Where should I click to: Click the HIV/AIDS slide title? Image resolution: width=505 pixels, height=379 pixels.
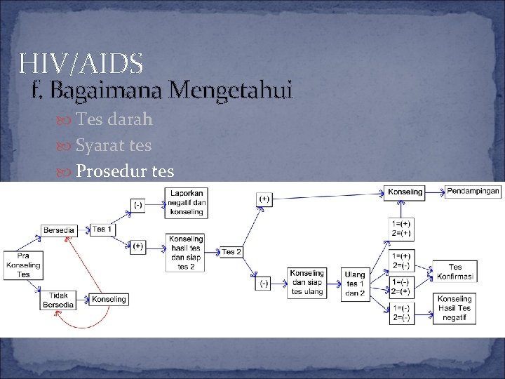tap(82, 64)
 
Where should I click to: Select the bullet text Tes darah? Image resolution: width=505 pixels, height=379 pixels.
tap(114, 119)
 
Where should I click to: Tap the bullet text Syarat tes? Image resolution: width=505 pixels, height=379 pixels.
tap(114, 145)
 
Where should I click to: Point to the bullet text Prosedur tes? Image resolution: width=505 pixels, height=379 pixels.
tap(125, 171)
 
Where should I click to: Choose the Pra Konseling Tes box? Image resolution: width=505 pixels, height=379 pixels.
tap(24, 265)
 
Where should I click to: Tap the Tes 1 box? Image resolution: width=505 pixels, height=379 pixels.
tap(102, 230)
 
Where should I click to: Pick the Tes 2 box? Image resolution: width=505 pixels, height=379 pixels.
tap(231, 251)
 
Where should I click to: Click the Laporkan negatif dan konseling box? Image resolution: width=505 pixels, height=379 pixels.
tap(186, 202)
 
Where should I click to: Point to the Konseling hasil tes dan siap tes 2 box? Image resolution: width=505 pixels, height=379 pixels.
tap(186, 253)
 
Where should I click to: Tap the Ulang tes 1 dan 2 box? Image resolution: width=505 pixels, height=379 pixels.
tap(355, 284)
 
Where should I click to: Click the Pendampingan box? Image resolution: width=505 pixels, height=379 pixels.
tap(473, 192)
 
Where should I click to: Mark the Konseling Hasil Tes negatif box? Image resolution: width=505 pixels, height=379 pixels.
tap(454, 308)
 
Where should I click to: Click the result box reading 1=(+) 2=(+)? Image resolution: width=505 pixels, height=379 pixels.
tap(402, 228)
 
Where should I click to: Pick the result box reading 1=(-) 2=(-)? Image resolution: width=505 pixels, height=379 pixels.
tap(402, 313)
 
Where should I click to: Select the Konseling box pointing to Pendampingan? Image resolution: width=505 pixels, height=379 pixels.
tap(405, 192)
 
